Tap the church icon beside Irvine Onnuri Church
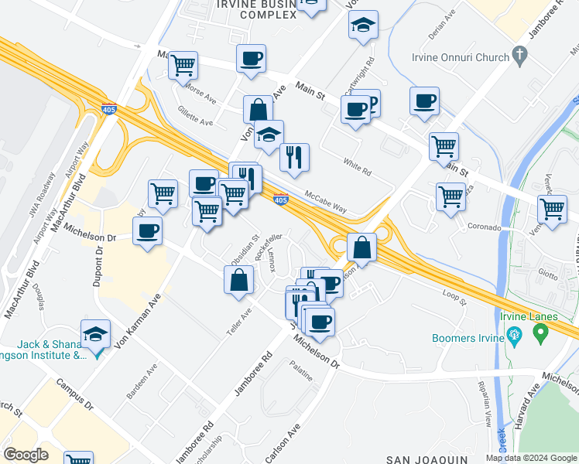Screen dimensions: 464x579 coord(520,56)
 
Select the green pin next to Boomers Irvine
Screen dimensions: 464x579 coord(540,333)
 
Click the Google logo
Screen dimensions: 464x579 coord(26,455)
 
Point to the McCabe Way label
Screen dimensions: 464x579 coord(325,203)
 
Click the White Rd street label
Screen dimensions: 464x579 coord(357,165)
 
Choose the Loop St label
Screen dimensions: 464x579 coord(454,297)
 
